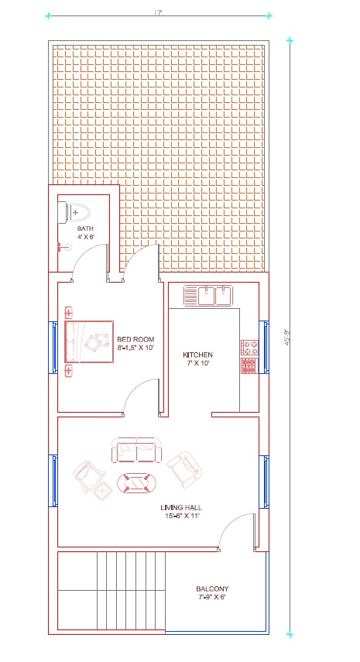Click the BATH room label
[85, 229]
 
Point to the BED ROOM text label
[135, 339]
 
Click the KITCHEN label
[197, 354]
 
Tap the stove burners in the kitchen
[249, 356]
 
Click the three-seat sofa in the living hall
[138, 451]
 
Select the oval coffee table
[137, 483]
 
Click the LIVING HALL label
[182, 509]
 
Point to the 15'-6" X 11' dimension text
[182, 517]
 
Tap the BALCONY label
[211, 589]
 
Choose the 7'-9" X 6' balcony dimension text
[211, 598]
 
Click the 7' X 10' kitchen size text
[197, 362]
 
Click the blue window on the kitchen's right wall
[264, 345]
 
